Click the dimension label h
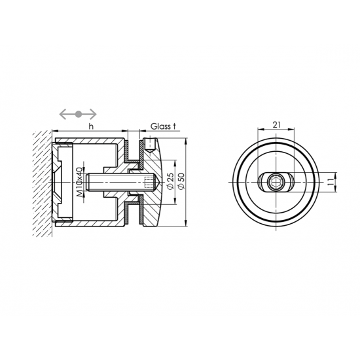pos(91,126)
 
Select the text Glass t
pos(163,126)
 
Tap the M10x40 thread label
pos(79,182)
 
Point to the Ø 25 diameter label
pos(170,181)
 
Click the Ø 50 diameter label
pos(181,181)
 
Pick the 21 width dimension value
pos(276,125)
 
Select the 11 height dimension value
pos(330,182)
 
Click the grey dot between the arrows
pos(79,114)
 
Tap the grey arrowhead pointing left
pos(63,114)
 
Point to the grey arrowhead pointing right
pos(93,114)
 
